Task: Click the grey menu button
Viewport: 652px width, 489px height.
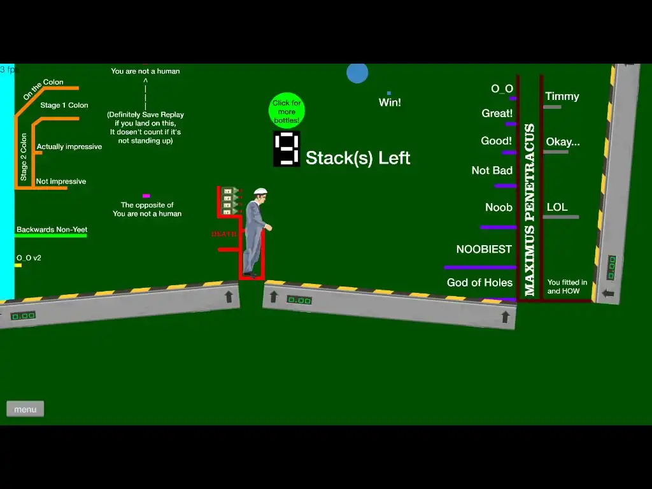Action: (25, 409)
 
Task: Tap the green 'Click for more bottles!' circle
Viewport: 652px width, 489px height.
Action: (287, 111)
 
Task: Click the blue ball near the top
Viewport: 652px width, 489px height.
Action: (357, 73)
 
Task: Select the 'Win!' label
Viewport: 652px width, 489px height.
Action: (390, 103)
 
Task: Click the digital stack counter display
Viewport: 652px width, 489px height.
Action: (287, 149)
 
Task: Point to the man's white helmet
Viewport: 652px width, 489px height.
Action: (260, 191)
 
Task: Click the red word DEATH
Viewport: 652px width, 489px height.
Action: (223, 234)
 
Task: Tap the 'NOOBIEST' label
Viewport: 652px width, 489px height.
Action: (484, 250)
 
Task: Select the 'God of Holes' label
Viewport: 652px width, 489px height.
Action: (479, 283)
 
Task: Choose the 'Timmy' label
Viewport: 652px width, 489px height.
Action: (562, 97)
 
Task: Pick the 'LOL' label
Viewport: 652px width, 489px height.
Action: (556, 207)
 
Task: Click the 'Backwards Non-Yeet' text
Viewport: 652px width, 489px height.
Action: (52, 230)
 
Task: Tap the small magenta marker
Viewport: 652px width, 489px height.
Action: (146, 195)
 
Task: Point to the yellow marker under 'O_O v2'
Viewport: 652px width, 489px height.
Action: (18, 266)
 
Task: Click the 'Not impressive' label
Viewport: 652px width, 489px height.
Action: (60, 181)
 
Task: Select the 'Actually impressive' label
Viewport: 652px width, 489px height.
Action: (69, 147)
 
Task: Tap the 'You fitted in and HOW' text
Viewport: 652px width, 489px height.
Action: (567, 287)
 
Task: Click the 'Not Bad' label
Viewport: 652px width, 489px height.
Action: (492, 171)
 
